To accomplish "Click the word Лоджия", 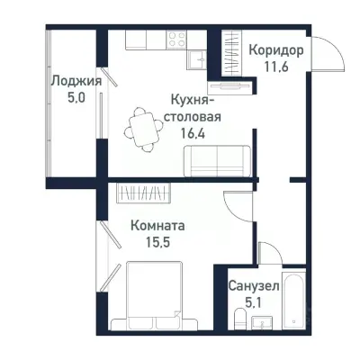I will click(75, 80).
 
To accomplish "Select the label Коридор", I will click(275, 50).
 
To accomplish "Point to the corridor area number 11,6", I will click(275, 67).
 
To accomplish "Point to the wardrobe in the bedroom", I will click(144, 193).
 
